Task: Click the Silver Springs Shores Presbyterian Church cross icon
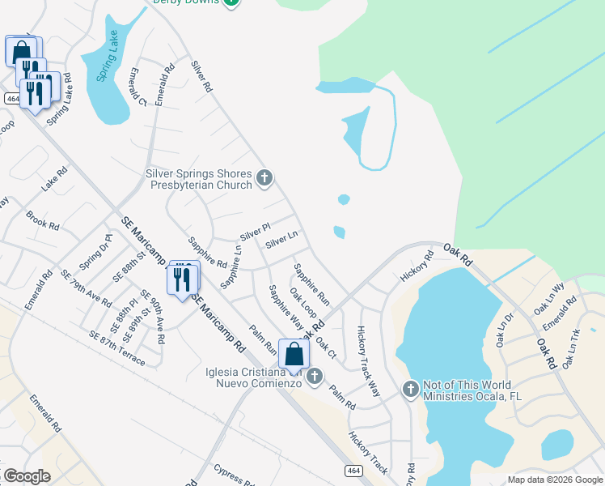[x=264, y=178]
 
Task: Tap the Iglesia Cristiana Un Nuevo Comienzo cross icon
[x=315, y=375]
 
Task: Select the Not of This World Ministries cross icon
[x=410, y=390]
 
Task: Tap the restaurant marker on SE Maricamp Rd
[x=182, y=279]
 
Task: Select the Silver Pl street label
[x=253, y=231]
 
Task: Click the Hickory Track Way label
[x=368, y=360]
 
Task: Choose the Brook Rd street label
[x=43, y=220]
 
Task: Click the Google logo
[x=27, y=476]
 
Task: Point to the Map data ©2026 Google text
[x=554, y=480]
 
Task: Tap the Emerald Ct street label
[x=136, y=87]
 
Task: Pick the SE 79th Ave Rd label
[x=86, y=288]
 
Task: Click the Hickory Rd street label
[x=417, y=266]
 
